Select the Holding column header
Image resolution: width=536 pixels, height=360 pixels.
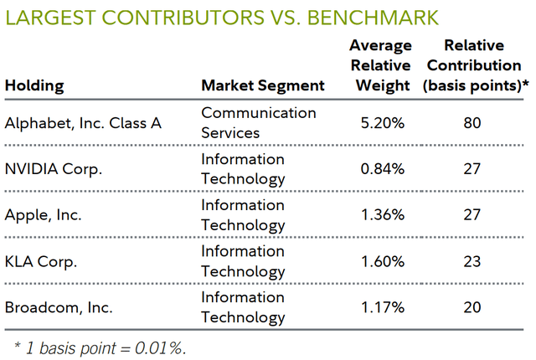pos(34,85)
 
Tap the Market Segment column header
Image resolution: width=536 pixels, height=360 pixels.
pos(262,85)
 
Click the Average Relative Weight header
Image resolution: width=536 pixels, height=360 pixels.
pos(382,65)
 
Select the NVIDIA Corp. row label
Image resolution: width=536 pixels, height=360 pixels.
pos(54,169)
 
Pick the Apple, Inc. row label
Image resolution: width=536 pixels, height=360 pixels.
pos(44,215)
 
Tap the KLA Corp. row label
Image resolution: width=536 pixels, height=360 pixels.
pos(41,261)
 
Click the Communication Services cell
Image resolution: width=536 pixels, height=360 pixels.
pos(258,123)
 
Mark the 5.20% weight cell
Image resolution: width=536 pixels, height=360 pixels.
pos(382,123)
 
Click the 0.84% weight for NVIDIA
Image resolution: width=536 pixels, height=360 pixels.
pos(382,169)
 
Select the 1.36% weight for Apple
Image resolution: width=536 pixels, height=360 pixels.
pos(382,215)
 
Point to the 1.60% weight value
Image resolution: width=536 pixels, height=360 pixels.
pos(382,261)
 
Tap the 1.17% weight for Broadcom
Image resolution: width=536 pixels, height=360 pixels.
pos(382,307)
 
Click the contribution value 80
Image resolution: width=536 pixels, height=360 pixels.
pos(472,123)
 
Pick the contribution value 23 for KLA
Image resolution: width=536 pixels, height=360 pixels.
pos(472,261)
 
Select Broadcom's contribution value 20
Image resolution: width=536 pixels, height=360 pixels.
pos(472,307)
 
